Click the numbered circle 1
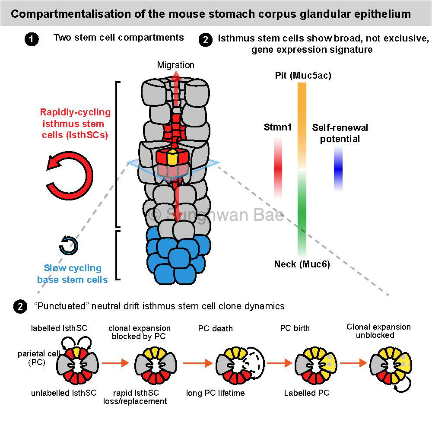31,40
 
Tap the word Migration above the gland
175,65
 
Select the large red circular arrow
70,176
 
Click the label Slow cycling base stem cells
73,274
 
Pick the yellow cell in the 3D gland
172,158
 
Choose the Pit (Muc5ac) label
303,76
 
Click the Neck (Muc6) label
302,264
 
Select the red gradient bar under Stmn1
278,168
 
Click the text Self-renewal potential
340,133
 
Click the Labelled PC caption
306,393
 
